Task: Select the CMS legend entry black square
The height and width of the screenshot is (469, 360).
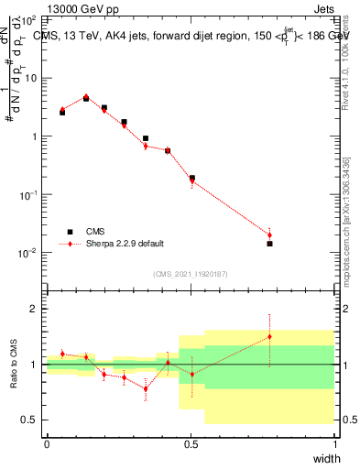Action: click(70, 232)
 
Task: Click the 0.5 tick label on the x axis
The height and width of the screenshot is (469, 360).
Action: click(191, 444)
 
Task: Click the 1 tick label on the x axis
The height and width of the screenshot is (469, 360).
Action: click(335, 444)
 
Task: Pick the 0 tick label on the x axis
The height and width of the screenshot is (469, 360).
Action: click(47, 444)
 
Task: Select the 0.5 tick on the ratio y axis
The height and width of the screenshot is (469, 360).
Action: click(31, 420)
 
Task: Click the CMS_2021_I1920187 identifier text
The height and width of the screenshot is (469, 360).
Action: click(191, 274)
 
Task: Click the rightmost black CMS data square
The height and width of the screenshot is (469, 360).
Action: click(269, 244)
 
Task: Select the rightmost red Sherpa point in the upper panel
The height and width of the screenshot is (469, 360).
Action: click(269, 234)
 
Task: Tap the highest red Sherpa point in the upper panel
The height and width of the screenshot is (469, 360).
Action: click(86, 95)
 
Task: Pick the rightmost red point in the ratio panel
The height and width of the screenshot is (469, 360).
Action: click(269, 336)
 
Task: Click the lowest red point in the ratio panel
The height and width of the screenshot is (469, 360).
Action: click(146, 388)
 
